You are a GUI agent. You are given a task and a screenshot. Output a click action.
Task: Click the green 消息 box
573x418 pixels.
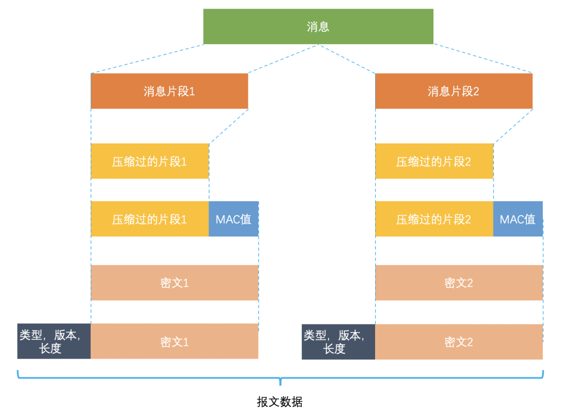(318, 27)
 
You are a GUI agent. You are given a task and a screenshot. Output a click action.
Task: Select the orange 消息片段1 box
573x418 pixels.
(169, 91)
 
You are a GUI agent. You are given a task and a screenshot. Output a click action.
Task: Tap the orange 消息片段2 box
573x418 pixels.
(454, 91)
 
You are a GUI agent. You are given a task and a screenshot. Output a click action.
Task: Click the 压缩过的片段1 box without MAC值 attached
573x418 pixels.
(150, 161)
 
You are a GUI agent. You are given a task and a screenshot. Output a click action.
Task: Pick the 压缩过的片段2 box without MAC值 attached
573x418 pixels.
(434, 161)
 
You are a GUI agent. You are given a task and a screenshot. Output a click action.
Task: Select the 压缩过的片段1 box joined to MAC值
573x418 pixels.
(150, 219)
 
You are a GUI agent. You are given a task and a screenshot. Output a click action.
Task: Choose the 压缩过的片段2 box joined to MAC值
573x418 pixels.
(434, 219)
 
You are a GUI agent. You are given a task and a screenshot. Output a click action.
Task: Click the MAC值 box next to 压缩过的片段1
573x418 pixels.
(233, 219)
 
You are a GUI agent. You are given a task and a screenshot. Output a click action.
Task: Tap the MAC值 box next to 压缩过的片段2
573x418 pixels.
(518, 219)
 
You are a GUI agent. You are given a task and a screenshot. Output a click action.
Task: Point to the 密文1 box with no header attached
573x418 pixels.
(175, 283)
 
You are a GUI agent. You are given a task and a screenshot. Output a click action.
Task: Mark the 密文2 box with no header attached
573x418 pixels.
(459, 283)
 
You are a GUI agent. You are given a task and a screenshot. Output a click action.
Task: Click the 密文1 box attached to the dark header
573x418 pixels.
(175, 342)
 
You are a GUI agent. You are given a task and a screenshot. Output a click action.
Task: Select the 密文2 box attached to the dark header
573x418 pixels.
(459, 342)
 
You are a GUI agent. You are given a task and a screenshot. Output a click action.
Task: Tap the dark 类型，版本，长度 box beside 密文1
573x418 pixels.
(54, 342)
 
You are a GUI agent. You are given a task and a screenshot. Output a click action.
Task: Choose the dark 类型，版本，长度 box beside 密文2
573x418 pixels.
(338, 342)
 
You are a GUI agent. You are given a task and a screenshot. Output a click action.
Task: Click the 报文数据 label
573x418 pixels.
(280, 402)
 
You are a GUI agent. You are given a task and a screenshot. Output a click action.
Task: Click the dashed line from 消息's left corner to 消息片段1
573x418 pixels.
(147, 58)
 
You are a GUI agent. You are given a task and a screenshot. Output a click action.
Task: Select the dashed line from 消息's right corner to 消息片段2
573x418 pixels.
(483, 58)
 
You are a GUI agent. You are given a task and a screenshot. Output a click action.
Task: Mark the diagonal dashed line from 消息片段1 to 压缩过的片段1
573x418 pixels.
(229, 126)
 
